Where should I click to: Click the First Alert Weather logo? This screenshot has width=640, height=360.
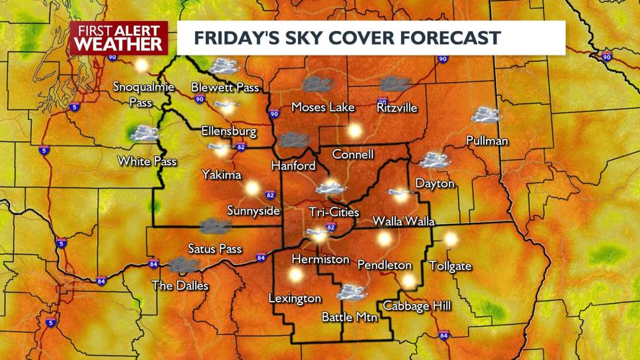tap(118, 37)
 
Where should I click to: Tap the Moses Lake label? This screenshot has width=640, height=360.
tap(323, 107)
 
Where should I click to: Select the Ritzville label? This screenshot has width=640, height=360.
tap(397, 107)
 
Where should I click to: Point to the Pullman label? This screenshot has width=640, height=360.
tap(487, 140)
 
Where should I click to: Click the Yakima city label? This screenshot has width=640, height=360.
tap(221, 174)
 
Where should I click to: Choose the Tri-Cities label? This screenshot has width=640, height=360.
tap(333, 212)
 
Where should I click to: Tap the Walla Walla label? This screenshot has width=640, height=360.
tap(403, 220)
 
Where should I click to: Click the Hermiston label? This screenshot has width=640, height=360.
tap(320, 259)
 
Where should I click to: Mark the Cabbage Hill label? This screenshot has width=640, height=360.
tap(417, 306)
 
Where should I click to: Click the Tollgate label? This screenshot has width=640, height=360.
tap(450, 266)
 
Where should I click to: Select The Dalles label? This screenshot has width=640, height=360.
tap(179, 286)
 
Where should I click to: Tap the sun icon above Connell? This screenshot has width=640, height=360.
tap(353, 130)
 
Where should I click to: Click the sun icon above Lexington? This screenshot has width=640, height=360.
tap(295, 274)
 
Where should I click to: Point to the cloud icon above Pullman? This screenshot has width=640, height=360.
tap(486, 114)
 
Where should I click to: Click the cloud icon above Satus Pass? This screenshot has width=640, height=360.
tap(215, 226)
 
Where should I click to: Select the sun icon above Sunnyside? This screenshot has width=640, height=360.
tap(252, 188)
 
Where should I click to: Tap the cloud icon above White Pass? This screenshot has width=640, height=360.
tap(145, 133)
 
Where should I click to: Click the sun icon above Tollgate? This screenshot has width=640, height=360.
tap(451, 238)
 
